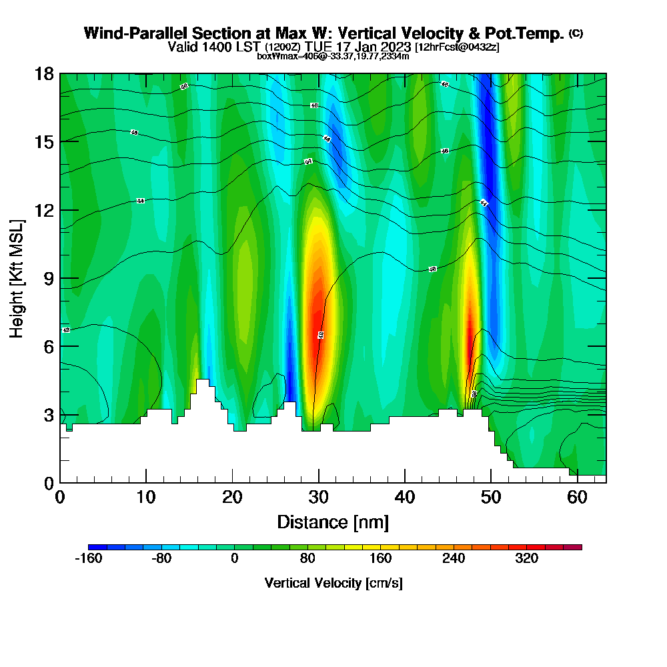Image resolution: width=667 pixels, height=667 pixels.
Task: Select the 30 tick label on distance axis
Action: click(x=319, y=497)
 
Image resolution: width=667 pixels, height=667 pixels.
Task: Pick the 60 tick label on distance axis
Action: click(x=578, y=497)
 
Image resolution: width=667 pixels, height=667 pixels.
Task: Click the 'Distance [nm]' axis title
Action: click(x=333, y=522)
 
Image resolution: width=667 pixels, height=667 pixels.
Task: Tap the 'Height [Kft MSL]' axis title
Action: click(x=17, y=277)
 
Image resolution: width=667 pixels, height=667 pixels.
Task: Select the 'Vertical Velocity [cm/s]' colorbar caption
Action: click(x=333, y=583)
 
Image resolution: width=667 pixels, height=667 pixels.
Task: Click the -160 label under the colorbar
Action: click(x=89, y=559)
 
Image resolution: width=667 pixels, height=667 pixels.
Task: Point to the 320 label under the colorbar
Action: click(x=526, y=559)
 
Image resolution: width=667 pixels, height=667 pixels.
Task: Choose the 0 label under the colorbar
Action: click(x=235, y=559)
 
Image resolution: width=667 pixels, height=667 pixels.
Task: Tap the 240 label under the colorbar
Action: click(x=454, y=559)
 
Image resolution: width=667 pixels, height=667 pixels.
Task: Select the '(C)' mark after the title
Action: click(x=576, y=33)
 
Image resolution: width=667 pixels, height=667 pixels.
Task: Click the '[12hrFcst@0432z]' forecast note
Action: click(x=457, y=47)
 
